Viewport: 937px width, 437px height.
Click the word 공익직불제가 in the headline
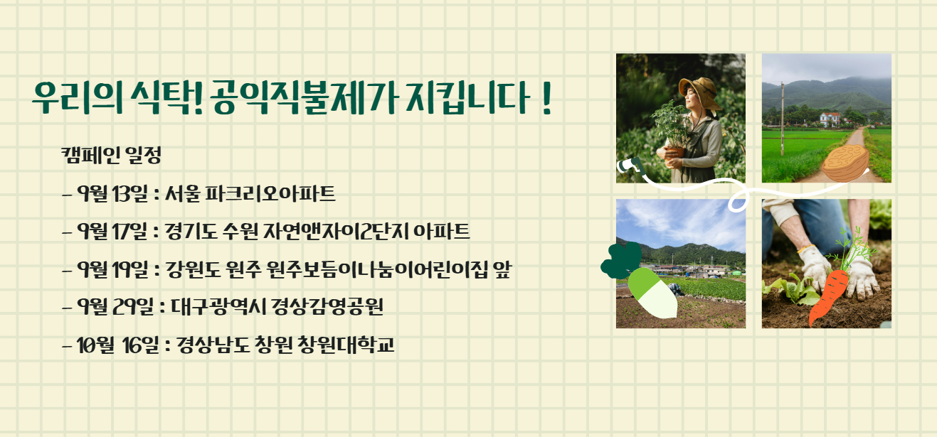pyautogui.click(x=304, y=99)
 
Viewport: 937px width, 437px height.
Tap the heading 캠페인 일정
pyautogui.click(x=111, y=155)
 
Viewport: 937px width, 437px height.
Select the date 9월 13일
pyautogui.click(x=113, y=193)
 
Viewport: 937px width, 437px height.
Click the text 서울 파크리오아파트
pyautogui.click(x=250, y=193)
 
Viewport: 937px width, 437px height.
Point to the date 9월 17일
pyautogui.click(x=113, y=231)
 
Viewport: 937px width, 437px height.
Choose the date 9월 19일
pyautogui.click(x=113, y=269)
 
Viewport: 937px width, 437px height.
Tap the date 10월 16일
pyautogui.click(x=118, y=345)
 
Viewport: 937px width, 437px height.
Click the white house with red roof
pyautogui.click(x=830, y=119)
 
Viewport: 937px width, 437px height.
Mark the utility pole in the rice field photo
pyautogui.click(x=782, y=119)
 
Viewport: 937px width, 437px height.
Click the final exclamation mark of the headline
pyautogui.click(x=546, y=99)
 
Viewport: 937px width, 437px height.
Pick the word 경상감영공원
pyautogui.click(x=327, y=306)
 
